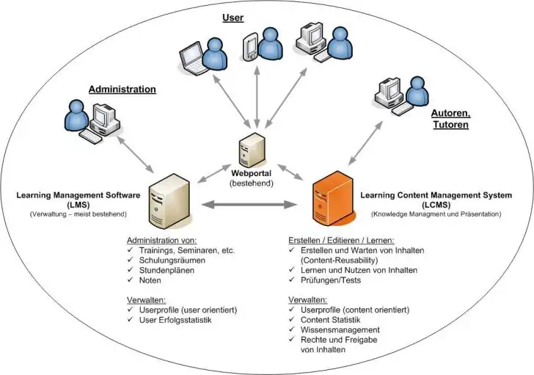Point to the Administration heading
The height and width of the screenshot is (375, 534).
click(122, 90)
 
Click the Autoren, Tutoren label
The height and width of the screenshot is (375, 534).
click(449, 118)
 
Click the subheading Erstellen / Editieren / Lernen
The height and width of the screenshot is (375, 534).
click(342, 240)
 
